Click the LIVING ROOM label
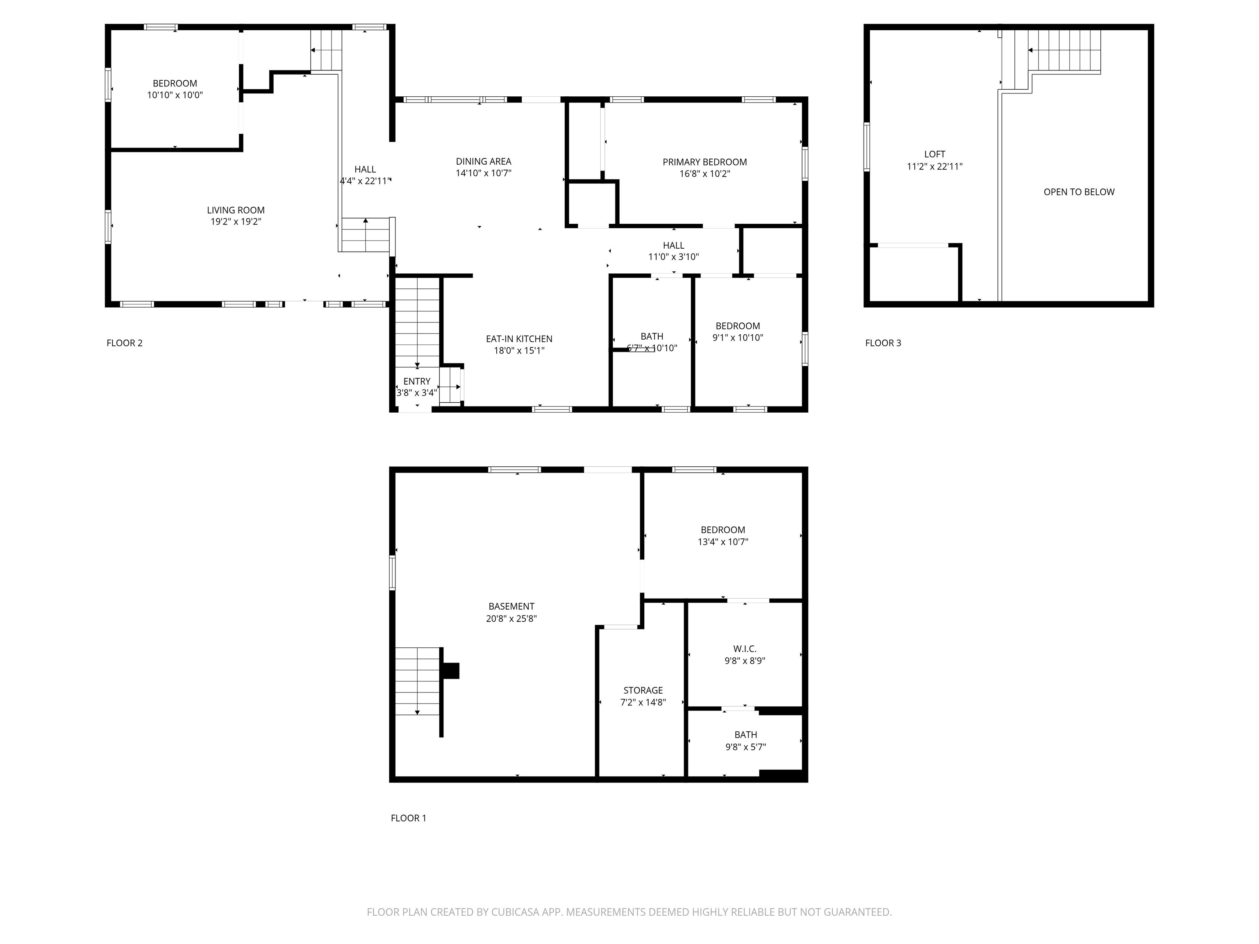pos(236,210)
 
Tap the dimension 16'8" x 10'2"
pos(704,174)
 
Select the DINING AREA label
pos(483,161)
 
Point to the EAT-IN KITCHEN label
pos(518,338)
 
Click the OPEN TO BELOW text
pos(1079,192)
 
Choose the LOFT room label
pos(934,154)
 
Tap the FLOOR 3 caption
pos(883,343)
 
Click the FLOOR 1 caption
pos(408,818)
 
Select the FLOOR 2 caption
pos(124,343)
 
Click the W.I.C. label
pos(745,649)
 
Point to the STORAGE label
pos(643,690)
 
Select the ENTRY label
pos(417,381)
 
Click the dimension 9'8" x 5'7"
pos(745,747)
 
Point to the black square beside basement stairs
pos(451,671)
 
